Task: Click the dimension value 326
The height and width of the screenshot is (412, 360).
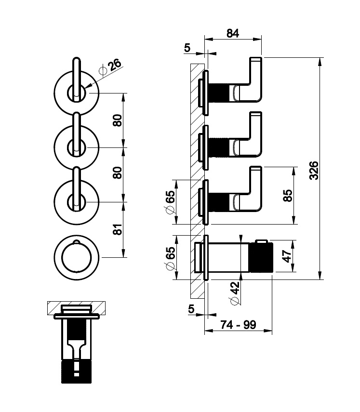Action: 314,171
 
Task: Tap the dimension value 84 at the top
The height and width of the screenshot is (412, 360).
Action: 233,33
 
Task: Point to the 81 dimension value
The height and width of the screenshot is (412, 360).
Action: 118,229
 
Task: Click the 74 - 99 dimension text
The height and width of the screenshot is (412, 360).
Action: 238,325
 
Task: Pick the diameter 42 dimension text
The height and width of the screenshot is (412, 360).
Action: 235,293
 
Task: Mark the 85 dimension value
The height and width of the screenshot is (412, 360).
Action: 288,196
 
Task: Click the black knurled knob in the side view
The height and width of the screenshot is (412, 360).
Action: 261,258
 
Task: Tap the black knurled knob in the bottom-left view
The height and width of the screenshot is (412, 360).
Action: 77,372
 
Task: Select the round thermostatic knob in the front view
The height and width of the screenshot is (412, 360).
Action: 77,257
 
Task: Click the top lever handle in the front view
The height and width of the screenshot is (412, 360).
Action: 77,79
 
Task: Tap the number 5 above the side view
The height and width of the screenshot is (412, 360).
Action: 187,48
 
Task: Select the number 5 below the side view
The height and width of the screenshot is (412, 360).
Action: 191,309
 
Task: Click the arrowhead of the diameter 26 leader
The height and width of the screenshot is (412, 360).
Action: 88,86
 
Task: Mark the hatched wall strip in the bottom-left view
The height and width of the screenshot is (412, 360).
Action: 77,308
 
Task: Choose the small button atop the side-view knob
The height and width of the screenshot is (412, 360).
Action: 261,241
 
